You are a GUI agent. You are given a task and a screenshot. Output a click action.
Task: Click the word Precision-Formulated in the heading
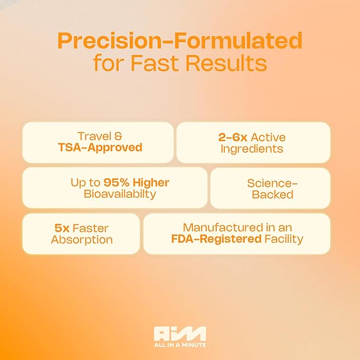pyautogui.click(x=180, y=41)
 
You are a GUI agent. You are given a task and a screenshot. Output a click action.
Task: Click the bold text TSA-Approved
pyautogui.click(x=100, y=147)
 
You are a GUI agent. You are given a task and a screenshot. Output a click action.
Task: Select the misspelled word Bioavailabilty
pyautogui.click(x=120, y=194)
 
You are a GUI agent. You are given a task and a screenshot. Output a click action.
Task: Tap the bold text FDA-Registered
pyautogui.click(x=216, y=239)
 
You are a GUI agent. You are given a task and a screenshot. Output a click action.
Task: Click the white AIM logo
pyautogui.click(x=180, y=333)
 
